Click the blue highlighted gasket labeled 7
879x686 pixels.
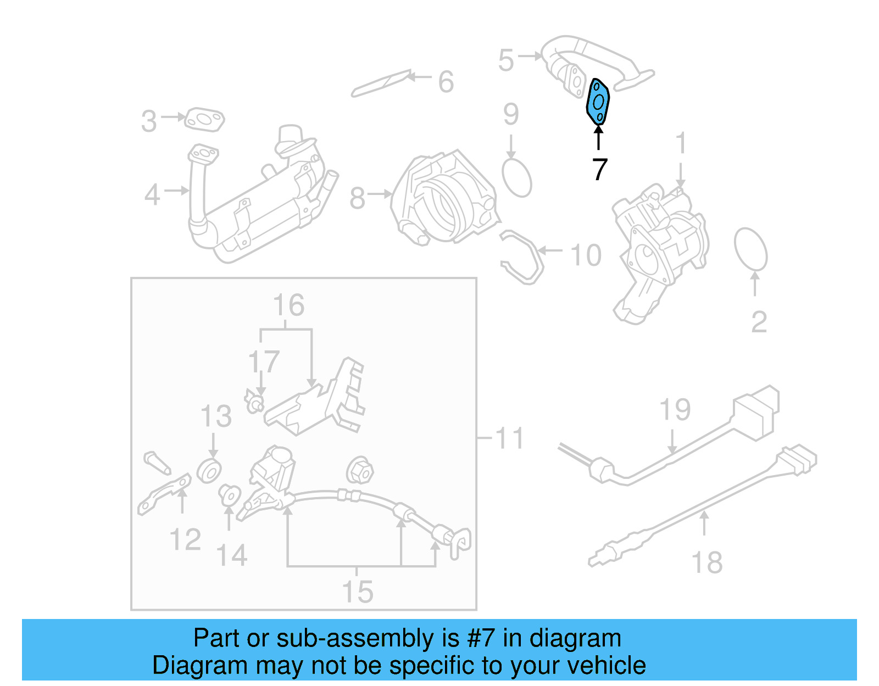click(598, 102)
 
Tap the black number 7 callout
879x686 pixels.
click(599, 169)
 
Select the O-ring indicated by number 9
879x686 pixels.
click(516, 178)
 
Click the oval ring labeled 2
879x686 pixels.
click(750, 250)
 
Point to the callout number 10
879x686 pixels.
click(586, 255)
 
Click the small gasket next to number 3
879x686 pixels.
click(204, 120)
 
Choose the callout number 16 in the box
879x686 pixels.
click(288, 305)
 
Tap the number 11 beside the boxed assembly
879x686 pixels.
click(509, 438)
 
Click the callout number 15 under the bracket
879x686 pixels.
click(357, 592)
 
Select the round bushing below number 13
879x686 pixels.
click(209, 471)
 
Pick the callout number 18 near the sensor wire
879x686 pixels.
click(706, 563)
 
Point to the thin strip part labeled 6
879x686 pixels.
click(381, 83)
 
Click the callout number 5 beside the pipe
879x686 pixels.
click(506, 60)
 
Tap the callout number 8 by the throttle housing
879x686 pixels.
click(357, 198)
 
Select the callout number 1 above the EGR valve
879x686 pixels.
click(680, 143)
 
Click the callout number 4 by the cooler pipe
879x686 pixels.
click(152, 195)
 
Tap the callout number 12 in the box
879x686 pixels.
click(185, 539)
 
